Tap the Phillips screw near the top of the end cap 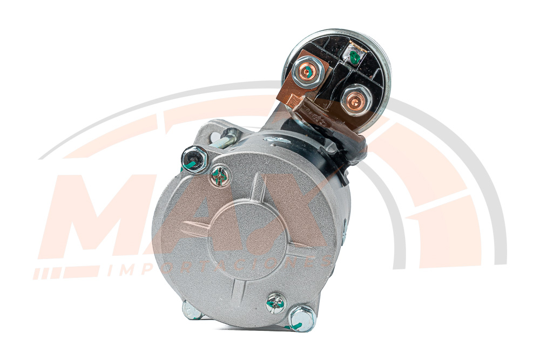[x=220, y=176]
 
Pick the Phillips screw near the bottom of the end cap [x=276, y=303]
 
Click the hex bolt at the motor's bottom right [x=301, y=318]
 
